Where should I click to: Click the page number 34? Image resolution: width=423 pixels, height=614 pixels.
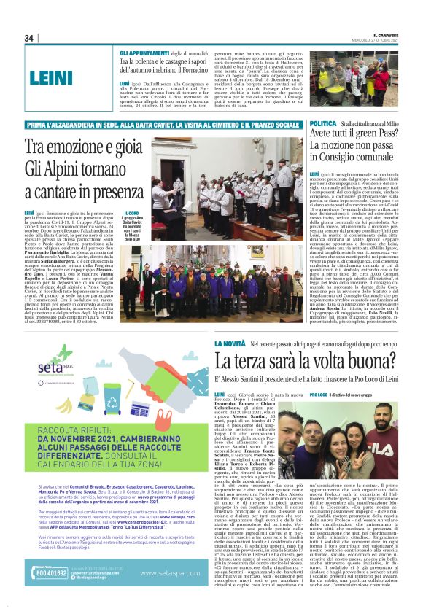(29, 39)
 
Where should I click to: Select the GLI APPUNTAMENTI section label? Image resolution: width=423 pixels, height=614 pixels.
(144, 54)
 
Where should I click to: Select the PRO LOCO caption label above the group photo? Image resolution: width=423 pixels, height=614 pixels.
(319, 394)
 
